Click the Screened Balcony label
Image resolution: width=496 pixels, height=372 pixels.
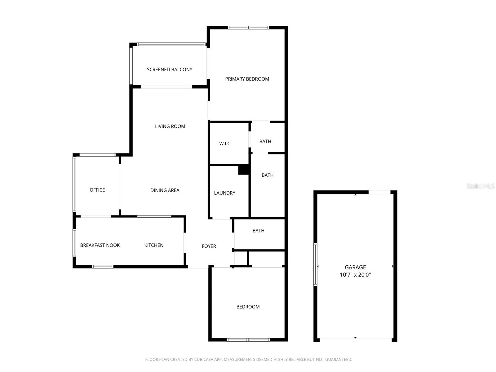click(x=170, y=69)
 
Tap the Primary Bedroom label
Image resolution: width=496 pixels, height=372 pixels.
click(x=247, y=79)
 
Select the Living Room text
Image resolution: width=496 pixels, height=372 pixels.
click(x=170, y=126)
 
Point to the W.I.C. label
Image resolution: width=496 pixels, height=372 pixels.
click(x=225, y=144)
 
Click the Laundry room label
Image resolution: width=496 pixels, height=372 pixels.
click(x=224, y=193)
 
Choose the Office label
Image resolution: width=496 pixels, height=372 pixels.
click(x=97, y=190)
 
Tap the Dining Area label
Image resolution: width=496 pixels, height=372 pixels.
click(x=165, y=190)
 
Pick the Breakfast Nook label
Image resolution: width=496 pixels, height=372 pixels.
click(x=100, y=245)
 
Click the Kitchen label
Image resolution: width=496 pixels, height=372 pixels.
click(x=154, y=245)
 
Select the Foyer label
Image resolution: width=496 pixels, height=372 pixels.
click(x=209, y=246)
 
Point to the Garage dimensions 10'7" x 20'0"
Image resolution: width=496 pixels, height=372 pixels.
click(x=355, y=275)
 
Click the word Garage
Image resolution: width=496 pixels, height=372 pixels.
click(x=355, y=267)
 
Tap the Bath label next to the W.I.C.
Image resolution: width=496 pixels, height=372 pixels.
click(x=265, y=141)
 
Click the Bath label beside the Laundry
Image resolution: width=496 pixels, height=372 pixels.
click(x=268, y=175)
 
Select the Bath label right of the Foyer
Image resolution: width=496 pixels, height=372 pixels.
click(x=259, y=231)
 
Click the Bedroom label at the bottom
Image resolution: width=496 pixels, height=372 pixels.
click(x=248, y=307)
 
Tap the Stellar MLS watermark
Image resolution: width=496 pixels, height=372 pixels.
click(x=480, y=186)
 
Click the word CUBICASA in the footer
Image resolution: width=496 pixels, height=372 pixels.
click(x=205, y=360)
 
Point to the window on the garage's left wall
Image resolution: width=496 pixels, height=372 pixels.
click(x=316, y=264)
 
